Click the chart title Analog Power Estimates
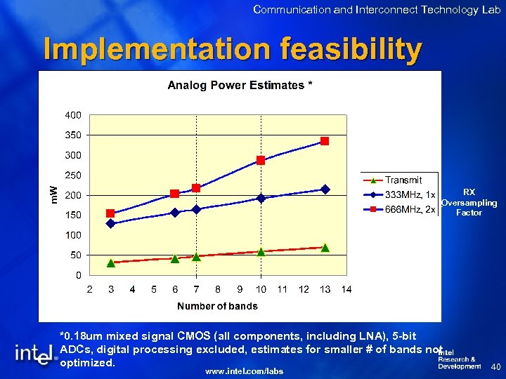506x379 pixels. [239, 86]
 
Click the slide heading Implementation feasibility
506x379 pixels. [233, 50]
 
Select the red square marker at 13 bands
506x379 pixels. [325, 141]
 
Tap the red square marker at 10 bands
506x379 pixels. [261, 160]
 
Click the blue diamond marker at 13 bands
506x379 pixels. [325, 189]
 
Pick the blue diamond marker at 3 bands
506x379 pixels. [110, 224]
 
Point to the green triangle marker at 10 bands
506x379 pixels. [261, 251]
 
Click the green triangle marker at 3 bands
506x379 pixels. [110, 263]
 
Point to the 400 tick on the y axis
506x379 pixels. [73, 115]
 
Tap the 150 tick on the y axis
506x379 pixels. [73, 215]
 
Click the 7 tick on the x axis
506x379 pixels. [196, 289]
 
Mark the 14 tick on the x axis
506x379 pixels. [346, 289]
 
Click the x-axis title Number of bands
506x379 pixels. [217, 306]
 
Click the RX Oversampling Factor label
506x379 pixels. [469, 202]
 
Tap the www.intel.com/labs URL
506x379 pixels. [244, 371]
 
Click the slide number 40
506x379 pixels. [494, 366]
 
